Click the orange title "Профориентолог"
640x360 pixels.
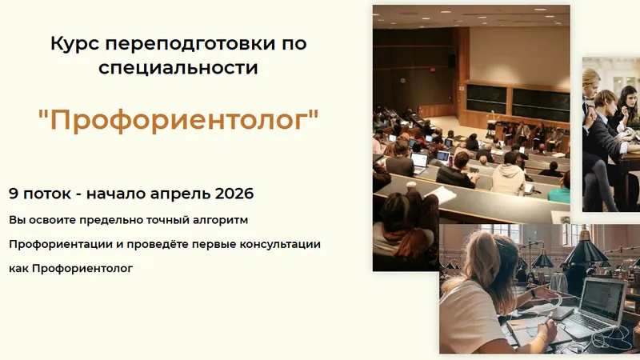pyautogui.click(x=178, y=121)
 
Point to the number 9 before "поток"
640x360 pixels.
pyautogui.click(x=14, y=194)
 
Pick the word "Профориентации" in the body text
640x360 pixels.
pyautogui.click(x=59, y=243)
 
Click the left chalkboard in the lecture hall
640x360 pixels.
pyautogui.click(x=486, y=99)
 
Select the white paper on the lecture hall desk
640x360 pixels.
pyautogui.click(x=441, y=194)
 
